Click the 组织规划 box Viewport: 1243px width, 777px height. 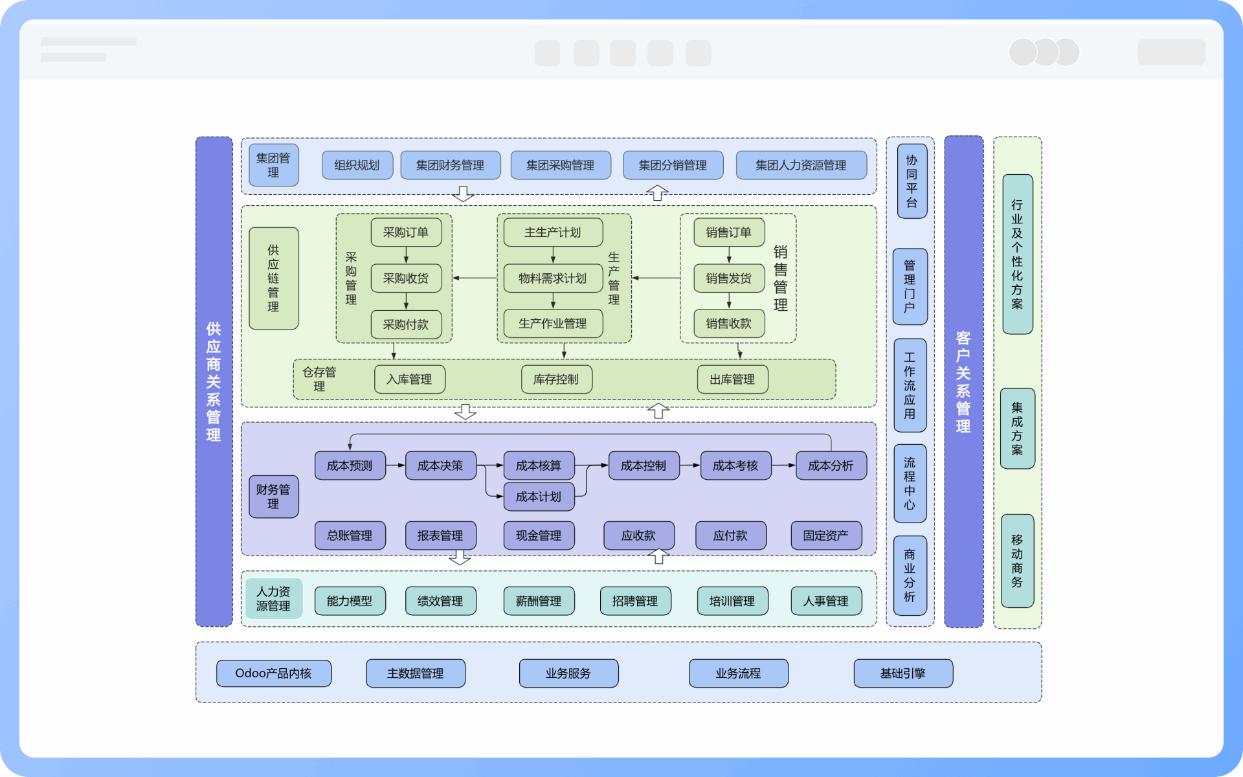[357, 165]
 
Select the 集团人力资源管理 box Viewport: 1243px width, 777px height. [801, 165]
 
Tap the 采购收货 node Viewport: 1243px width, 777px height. [406, 278]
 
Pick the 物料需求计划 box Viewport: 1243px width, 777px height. [553, 278]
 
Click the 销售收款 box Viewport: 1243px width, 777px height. [729, 324]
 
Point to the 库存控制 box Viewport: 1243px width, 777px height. [556, 379]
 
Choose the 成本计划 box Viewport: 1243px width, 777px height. [539, 497]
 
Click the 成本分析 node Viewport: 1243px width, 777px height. [831, 466]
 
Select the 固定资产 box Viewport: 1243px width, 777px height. [826, 535]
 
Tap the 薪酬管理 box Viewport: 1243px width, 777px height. [539, 601]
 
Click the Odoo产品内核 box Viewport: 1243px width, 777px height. [274, 673]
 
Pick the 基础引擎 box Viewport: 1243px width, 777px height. [903, 673]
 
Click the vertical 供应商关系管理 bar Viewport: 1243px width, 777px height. [214, 381]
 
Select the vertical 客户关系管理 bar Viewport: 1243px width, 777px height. [963, 381]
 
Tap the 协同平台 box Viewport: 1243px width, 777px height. [912, 181]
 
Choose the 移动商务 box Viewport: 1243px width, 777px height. [1017, 561]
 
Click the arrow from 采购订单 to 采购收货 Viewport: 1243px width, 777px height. [406, 255]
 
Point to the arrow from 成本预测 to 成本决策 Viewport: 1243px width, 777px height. [396, 466]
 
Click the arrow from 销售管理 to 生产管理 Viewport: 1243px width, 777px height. [656, 278]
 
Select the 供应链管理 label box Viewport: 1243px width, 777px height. [274, 278]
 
